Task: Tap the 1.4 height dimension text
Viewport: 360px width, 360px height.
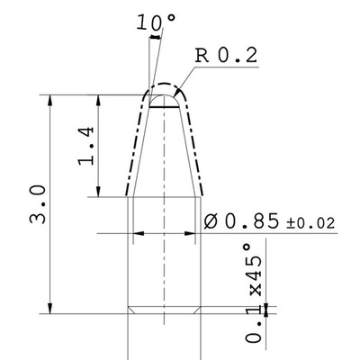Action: click(85, 146)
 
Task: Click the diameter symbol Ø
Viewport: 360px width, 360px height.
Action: click(213, 220)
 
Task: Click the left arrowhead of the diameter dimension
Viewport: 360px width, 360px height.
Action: click(139, 233)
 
